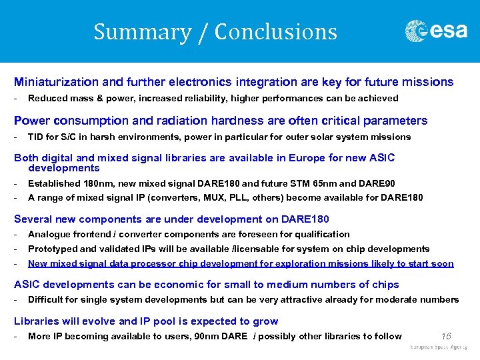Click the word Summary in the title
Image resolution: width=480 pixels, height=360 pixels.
click(x=142, y=32)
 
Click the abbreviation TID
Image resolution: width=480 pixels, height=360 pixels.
click(x=36, y=137)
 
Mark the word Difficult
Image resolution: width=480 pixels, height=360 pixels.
click(x=46, y=300)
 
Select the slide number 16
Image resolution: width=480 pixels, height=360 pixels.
click(x=447, y=336)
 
